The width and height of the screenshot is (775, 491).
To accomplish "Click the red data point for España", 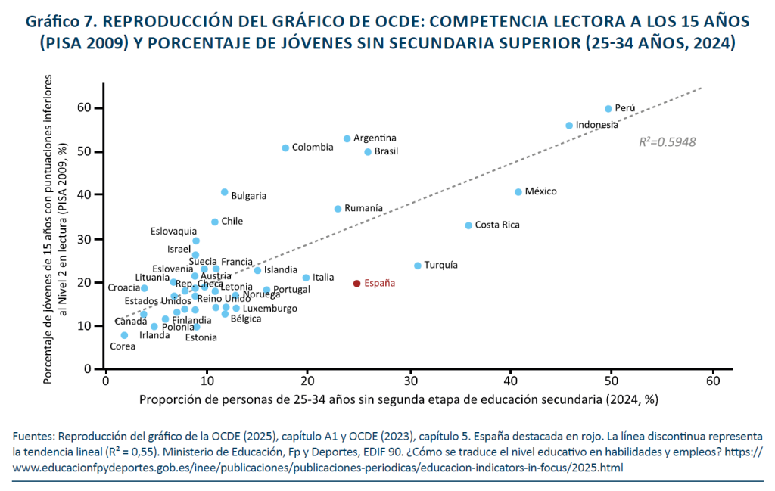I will click(x=356, y=283).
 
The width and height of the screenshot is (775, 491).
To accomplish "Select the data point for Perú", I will click(x=608, y=108).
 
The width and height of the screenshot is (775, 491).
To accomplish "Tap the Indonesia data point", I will click(x=569, y=126).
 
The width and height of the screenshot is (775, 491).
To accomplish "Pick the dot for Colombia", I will click(x=285, y=148).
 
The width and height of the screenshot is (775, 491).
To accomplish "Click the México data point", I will click(x=518, y=192).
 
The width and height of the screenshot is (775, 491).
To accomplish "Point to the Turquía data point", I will click(x=418, y=266).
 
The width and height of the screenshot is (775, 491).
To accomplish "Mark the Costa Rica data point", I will click(x=468, y=225).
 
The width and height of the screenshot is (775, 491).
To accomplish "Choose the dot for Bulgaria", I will click(x=224, y=192).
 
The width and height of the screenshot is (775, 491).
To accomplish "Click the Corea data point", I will click(x=124, y=335).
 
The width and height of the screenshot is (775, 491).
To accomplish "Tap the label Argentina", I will click(x=375, y=138).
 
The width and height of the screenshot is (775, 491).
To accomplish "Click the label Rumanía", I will click(x=363, y=208).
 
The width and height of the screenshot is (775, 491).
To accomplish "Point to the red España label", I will click(x=379, y=283).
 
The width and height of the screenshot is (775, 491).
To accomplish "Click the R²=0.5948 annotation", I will click(x=668, y=141).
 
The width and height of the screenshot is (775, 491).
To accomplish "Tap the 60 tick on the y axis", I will click(x=85, y=108).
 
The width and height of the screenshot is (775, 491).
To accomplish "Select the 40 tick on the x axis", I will click(x=510, y=382).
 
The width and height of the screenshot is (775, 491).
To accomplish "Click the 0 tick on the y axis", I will click(x=88, y=369).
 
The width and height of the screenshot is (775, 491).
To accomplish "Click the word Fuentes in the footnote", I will click(x=33, y=437).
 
